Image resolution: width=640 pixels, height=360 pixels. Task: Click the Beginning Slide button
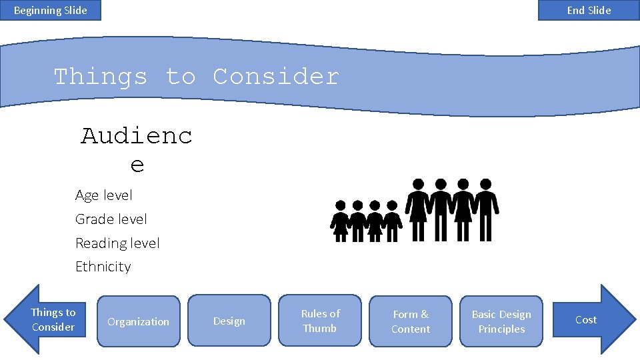50,10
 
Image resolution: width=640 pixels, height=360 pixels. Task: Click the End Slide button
589,10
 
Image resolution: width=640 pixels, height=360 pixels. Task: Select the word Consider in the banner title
275,77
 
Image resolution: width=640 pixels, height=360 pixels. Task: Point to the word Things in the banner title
100,77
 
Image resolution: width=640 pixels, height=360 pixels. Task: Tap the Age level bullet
104,195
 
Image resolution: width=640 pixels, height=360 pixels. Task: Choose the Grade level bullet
111,219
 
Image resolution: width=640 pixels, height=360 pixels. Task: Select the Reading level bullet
117,243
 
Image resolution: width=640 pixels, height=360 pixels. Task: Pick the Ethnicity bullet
103,267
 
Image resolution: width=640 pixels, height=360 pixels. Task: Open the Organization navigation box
139,321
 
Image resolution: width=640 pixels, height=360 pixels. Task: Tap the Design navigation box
229,321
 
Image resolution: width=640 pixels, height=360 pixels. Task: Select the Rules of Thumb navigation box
320,321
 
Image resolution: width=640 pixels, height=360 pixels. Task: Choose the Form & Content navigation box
411,321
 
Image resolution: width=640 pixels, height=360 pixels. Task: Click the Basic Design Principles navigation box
501,321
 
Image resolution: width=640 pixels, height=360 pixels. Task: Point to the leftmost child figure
341,221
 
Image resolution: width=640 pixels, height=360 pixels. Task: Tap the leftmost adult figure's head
418,184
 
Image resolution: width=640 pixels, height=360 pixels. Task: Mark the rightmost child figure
392,221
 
